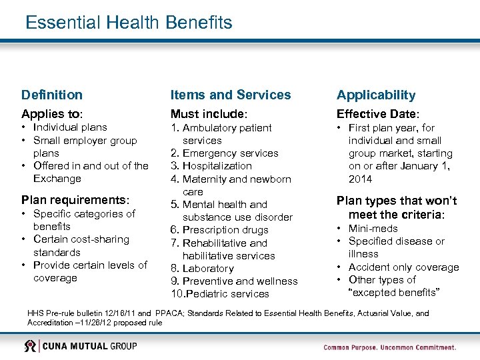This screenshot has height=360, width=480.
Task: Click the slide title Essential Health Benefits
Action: (129, 23)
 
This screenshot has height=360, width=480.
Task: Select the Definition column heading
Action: (52, 95)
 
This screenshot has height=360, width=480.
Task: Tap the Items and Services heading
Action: (231, 95)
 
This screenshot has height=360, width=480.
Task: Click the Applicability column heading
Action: (376, 95)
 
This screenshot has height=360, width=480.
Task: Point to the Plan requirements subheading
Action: (75, 199)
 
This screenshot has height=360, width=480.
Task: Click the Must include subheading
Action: (209, 114)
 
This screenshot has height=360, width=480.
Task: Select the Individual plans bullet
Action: (70, 127)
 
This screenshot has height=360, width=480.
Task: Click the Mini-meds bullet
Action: (373, 229)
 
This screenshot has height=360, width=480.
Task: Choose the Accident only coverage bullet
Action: (403, 267)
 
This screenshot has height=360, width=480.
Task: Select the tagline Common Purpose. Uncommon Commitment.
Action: (390, 347)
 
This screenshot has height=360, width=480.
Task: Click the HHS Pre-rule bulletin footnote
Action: (227, 317)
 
